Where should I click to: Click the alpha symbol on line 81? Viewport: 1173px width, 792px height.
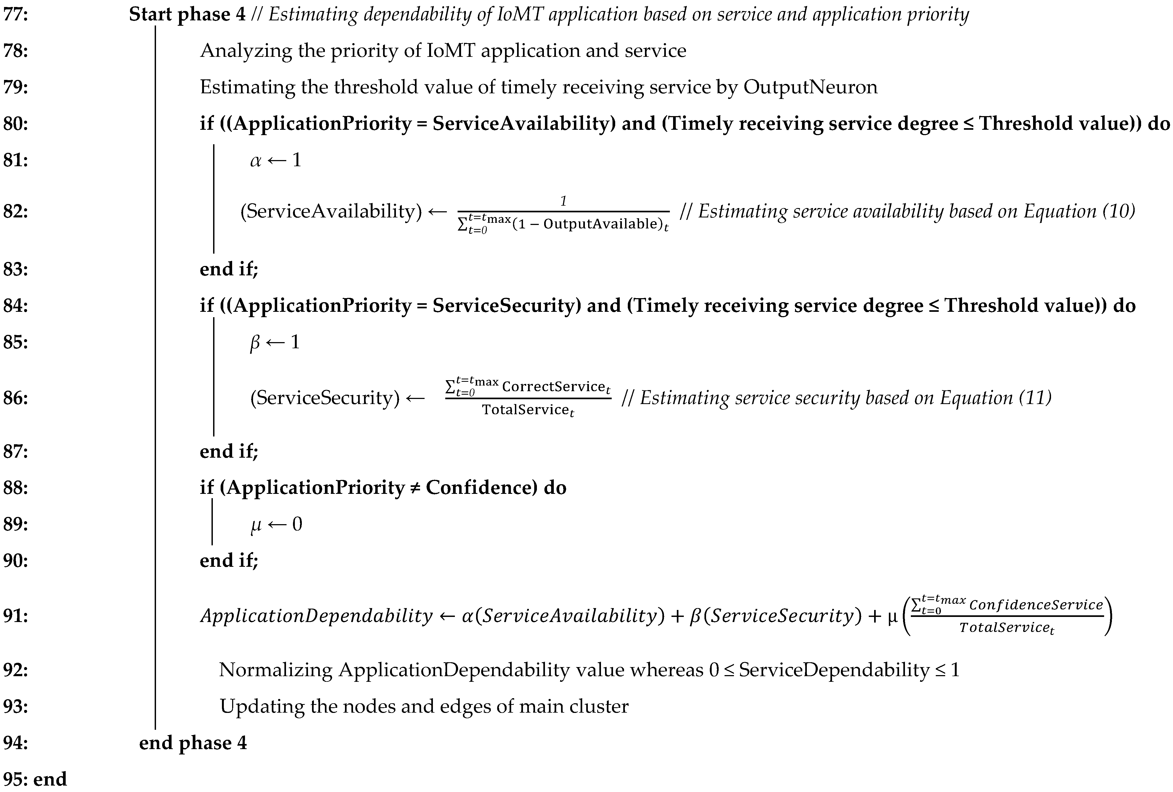(x=256, y=161)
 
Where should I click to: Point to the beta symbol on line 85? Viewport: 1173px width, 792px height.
(x=255, y=343)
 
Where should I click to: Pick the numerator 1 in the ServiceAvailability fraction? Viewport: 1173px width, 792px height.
(x=563, y=201)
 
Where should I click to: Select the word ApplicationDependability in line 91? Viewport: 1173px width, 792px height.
(x=317, y=616)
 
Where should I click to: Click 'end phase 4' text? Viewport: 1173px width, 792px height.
(x=193, y=743)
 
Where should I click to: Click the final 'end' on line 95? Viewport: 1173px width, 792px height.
(x=50, y=779)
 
